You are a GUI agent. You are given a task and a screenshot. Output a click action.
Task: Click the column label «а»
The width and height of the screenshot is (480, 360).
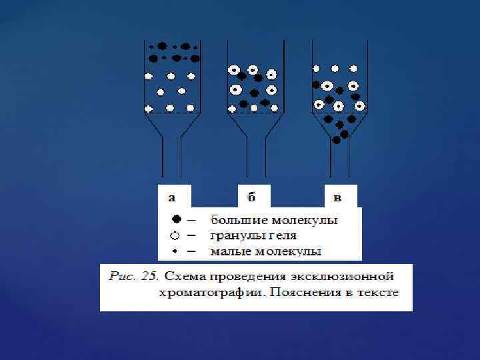point(172,197)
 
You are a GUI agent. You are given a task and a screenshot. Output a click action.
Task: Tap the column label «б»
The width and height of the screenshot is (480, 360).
point(251,197)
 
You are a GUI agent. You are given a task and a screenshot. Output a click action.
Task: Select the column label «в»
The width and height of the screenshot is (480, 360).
point(337,197)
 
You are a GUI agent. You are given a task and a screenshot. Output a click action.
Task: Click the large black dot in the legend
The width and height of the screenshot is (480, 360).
point(175,219)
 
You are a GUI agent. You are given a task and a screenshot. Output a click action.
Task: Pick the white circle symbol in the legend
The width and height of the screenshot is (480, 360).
point(175,235)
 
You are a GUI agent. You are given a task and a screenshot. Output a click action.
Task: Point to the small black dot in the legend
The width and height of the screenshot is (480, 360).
point(175,251)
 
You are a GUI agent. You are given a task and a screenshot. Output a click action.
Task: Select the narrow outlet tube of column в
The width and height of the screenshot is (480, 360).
point(339,163)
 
